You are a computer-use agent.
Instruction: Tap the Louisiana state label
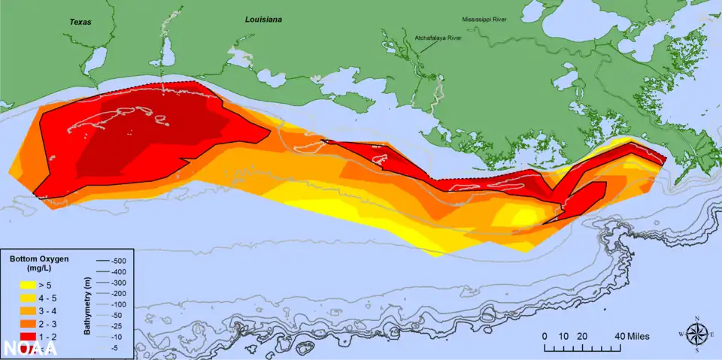[263, 20]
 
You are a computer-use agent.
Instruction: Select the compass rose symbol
[697, 334]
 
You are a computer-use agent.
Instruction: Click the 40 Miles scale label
[631, 336]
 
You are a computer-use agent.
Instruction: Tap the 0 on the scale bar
[545, 336]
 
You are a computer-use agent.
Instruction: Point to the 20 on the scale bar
[581, 336]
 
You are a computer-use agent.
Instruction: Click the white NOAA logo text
[31, 347]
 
